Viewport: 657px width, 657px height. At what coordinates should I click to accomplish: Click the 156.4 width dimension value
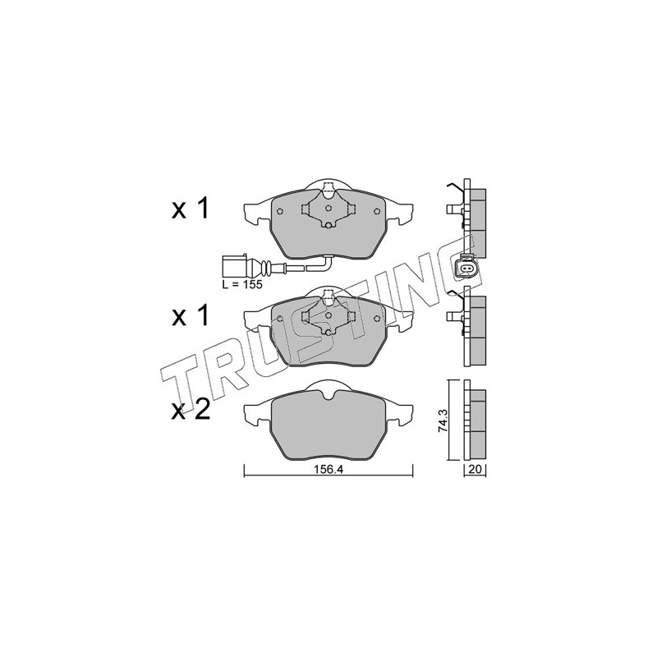pos(328,470)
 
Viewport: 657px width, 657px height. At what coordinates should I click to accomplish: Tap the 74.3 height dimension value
pos(442,420)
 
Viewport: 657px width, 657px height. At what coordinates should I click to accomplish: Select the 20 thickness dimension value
pos(475,470)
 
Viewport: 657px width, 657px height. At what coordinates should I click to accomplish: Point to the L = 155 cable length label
pos(242,285)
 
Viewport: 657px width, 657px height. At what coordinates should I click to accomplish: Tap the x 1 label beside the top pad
pos(190,209)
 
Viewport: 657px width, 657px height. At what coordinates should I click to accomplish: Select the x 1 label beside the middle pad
pos(190,316)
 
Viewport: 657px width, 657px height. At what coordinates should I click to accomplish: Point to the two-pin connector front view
pos(465,267)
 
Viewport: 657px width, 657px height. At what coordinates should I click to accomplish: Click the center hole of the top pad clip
pos(328,208)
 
